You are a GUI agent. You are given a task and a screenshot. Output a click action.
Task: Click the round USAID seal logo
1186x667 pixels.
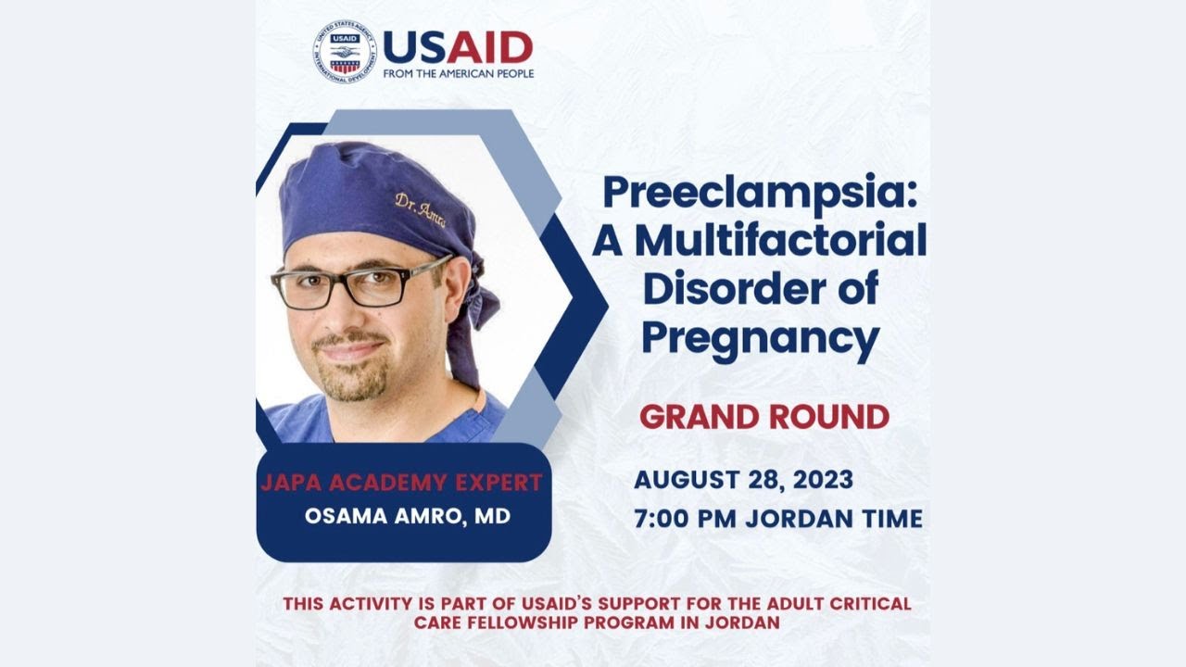click(x=345, y=53)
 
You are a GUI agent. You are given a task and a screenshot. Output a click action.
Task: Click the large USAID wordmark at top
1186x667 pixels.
click(x=457, y=46)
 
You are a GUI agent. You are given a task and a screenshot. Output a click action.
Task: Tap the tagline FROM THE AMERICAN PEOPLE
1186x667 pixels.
click(x=458, y=73)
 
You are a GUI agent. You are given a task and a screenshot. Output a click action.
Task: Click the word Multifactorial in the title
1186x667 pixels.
click(x=780, y=241)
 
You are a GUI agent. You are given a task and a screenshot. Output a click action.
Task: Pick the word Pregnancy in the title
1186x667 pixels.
click(x=760, y=339)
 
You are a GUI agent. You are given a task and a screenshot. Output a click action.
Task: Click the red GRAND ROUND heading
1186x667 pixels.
click(x=764, y=417)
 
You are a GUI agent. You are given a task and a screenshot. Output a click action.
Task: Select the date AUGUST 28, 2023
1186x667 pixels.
click(x=743, y=481)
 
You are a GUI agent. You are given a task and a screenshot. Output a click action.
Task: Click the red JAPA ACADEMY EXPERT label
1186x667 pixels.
click(x=401, y=483)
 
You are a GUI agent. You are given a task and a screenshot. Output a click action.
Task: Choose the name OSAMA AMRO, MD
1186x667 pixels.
click(x=408, y=516)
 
